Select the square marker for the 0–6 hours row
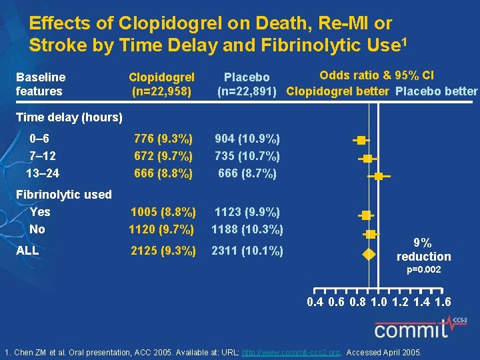361,140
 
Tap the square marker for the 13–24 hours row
379,176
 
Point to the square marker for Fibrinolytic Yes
365,215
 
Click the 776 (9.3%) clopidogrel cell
163,139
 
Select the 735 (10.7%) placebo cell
247,156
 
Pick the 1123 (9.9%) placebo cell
247,213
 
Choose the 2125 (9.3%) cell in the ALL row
163,251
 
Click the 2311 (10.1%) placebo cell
247,251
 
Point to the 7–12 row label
43,156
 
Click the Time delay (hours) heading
69,118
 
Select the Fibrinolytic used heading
63,195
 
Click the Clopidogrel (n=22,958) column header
161,84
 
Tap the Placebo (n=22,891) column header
247,85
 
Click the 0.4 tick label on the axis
315,302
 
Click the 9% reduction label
423,250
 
